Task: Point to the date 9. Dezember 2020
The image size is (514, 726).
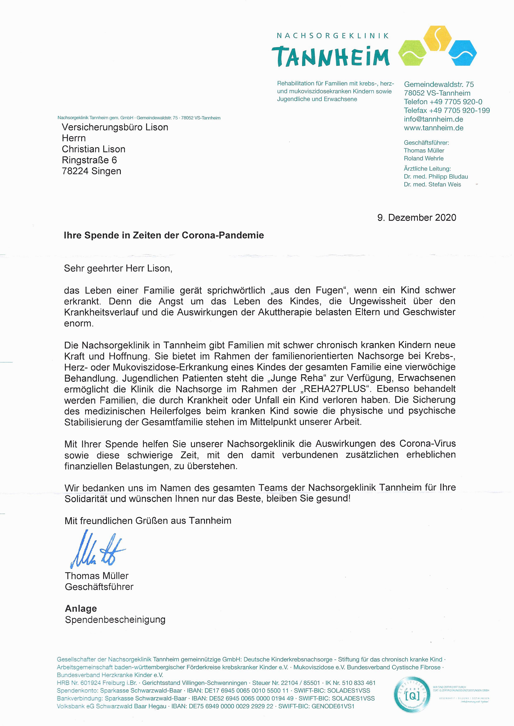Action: coord(416,218)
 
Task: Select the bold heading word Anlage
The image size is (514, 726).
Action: coord(81,608)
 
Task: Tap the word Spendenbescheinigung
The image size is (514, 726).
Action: coord(115,619)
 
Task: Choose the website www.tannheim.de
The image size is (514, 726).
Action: coord(434,128)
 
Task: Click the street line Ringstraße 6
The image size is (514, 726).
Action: coord(89,160)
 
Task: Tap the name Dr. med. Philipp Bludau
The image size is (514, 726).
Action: coord(436,176)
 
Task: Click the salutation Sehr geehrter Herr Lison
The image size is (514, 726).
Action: coord(118,268)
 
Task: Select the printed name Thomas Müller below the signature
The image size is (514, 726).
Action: coord(97,576)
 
